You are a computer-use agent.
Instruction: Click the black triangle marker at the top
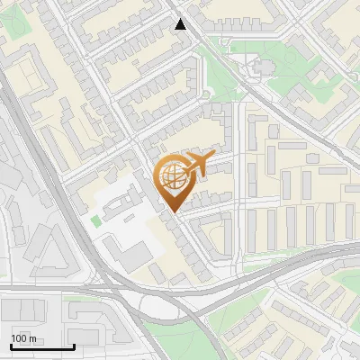[181, 23]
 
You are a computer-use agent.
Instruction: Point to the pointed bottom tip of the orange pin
[172, 213]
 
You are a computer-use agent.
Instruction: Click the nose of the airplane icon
[212, 157]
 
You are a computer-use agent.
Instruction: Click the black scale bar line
[41, 346]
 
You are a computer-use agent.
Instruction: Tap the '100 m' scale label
[23, 337]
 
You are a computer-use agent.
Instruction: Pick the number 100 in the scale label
[19, 337]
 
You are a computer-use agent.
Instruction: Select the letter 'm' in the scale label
[32, 337]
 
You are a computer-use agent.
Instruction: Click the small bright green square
[95, 220]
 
